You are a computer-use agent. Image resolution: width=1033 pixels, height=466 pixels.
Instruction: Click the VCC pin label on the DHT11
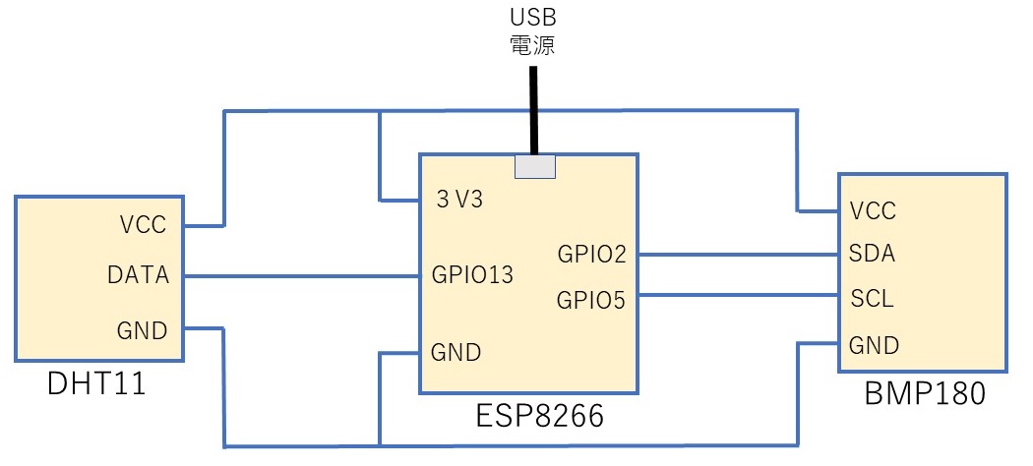[x=145, y=224]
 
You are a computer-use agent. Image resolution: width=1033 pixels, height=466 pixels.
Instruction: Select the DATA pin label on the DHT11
[x=138, y=276]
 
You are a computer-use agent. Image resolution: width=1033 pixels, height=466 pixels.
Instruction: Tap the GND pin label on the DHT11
[x=144, y=329]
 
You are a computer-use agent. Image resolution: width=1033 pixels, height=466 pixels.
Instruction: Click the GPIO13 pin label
[x=472, y=276]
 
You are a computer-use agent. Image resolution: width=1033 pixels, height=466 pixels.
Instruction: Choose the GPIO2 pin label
[x=591, y=255]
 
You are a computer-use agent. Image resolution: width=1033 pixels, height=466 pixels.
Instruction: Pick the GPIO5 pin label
[x=591, y=299]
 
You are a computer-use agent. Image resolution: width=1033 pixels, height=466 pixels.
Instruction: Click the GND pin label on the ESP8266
[x=456, y=351]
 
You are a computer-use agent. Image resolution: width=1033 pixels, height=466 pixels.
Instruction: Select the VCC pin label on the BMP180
[x=873, y=210]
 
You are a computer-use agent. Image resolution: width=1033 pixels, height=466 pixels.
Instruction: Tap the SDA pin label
[x=872, y=254]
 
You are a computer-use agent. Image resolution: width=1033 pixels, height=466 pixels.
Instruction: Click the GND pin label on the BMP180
[x=874, y=345]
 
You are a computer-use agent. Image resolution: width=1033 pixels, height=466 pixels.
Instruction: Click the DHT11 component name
[x=97, y=384]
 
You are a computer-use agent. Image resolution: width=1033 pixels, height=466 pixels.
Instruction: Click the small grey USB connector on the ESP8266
[x=535, y=167]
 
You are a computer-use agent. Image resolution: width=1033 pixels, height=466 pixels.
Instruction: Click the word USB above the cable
[x=532, y=18]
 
